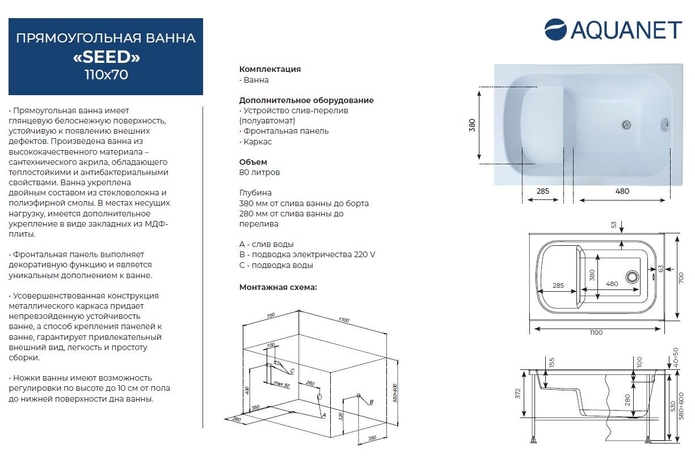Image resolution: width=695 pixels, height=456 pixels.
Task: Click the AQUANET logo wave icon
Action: point(556,29)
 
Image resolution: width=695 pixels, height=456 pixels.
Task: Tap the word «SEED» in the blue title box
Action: point(106,57)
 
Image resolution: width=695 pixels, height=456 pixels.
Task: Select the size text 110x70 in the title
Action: point(106,75)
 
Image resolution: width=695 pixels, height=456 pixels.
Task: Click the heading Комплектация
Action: point(270,69)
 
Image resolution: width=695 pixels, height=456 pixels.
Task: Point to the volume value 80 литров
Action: point(260,172)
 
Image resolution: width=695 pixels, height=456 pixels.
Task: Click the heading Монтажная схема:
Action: point(278,287)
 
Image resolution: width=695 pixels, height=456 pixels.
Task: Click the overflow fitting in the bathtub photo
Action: point(665,124)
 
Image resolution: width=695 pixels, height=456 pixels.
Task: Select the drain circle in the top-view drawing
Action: point(633,277)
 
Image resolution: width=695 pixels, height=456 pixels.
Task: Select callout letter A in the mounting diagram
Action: point(323,415)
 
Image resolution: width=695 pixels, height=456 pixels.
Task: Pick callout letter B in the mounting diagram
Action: point(372,402)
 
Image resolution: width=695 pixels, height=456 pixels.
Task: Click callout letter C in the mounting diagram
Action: point(292,371)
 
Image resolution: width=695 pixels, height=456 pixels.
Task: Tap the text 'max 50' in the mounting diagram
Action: point(282,385)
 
